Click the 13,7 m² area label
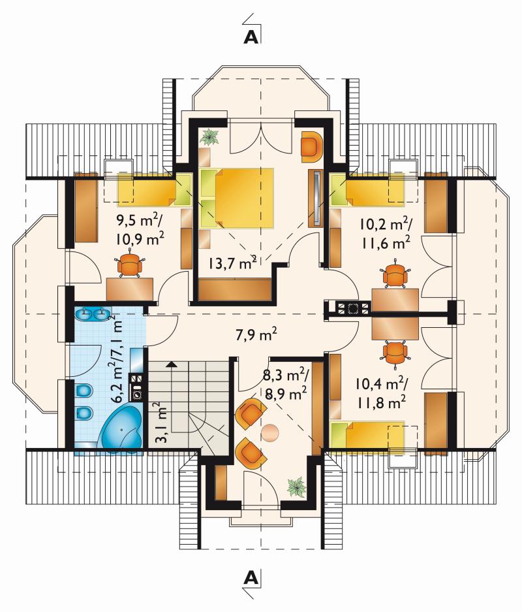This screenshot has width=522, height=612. [232, 263]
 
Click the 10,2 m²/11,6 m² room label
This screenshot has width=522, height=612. [386, 233]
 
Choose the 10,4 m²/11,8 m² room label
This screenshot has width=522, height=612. [382, 393]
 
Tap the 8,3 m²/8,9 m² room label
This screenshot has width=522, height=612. [286, 385]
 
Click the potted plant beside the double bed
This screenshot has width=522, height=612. [211, 137]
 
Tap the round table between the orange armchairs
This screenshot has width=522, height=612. [269, 432]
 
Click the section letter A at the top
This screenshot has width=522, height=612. [251, 37]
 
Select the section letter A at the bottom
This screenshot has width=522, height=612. [251, 577]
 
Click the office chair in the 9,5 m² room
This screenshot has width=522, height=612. [130, 265]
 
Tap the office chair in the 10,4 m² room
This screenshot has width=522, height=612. [395, 353]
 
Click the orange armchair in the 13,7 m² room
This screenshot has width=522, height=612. [313, 147]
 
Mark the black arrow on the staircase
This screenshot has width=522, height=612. [171, 365]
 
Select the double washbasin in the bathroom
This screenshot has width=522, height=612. [93, 313]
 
